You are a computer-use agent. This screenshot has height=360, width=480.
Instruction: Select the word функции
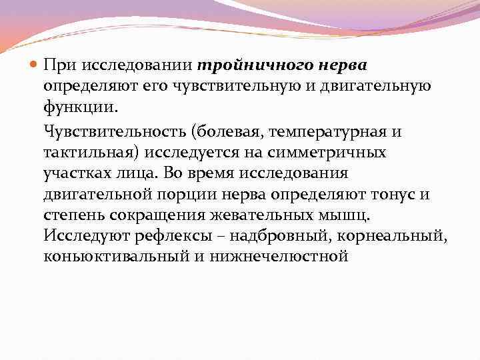(78, 107)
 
